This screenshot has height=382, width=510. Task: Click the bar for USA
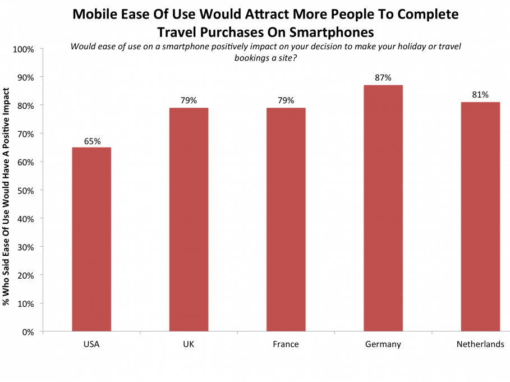pos(91,240)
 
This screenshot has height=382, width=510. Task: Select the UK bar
pos(189,219)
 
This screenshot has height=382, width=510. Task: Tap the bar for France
pos(286,219)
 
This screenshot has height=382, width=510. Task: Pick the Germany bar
pos(383,208)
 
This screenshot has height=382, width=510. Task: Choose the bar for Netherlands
pos(480,217)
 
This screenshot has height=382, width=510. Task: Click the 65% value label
pos(92,141)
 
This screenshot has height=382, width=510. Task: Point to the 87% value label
pos(383,78)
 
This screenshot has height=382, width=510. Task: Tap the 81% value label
pos(480,95)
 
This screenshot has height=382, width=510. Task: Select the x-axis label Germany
pos(383,344)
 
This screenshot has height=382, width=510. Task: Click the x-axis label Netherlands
pos(480,344)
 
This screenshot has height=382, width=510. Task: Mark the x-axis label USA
pos(91,344)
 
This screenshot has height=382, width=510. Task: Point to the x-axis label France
pos(286,344)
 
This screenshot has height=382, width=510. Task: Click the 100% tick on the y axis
pos(23,49)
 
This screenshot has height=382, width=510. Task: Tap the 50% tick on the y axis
pos(25,190)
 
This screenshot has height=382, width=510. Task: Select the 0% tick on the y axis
pos(27,332)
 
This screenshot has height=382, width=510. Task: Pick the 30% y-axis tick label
pos(25,247)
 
